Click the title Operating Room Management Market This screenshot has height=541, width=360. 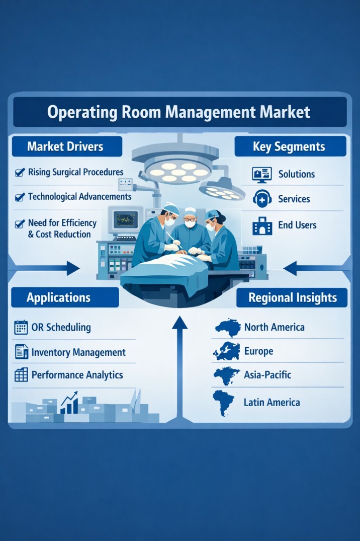coord(179,112)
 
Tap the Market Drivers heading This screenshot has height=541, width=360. coord(65,146)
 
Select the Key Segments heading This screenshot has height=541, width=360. coord(290,146)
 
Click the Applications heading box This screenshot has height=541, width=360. coord(59,297)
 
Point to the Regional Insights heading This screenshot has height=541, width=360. coord(293,297)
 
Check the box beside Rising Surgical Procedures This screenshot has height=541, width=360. coord(20,173)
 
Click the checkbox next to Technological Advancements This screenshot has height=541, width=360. coord(20,197)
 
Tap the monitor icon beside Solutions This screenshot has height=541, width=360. coord(261,175)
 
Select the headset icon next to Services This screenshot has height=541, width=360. coord(261,199)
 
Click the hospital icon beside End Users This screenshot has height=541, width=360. coord(261,225)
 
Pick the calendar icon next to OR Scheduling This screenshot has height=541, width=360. coord(21,328)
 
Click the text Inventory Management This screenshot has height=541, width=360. coord(78,352)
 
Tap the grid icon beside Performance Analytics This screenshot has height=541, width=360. coord(21,375)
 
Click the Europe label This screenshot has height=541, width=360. coord(258,351)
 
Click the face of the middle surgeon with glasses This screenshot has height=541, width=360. coord(190,219)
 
